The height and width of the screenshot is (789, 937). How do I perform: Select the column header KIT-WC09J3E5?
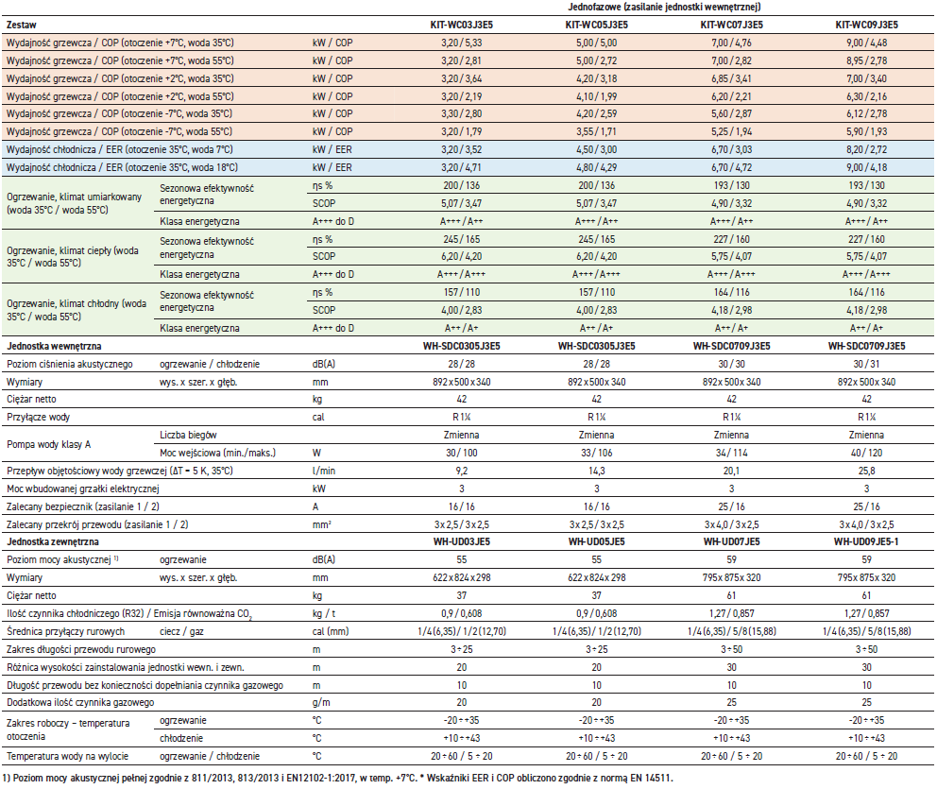pyautogui.click(x=866, y=25)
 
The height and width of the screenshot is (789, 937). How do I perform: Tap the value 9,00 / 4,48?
pyautogui.click(x=866, y=43)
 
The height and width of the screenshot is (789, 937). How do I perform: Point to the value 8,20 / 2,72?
pyautogui.click(x=866, y=148)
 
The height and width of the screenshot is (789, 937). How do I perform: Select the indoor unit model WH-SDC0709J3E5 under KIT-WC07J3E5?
pyautogui.click(x=732, y=346)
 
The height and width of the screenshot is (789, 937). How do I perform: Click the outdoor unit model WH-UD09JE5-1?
pyautogui.click(x=866, y=541)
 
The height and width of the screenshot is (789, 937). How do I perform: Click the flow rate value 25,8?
pyautogui.click(x=866, y=470)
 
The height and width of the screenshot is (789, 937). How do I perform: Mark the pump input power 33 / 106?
pyautogui.click(x=597, y=452)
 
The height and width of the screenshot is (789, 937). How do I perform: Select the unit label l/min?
pyautogui.click(x=324, y=470)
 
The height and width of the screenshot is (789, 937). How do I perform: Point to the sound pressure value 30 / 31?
pyautogui.click(x=866, y=364)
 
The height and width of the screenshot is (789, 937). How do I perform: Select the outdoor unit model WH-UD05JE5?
pyautogui.click(x=597, y=541)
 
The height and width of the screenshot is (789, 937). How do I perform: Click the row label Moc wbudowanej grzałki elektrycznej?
pyautogui.click(x=82, y=488)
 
